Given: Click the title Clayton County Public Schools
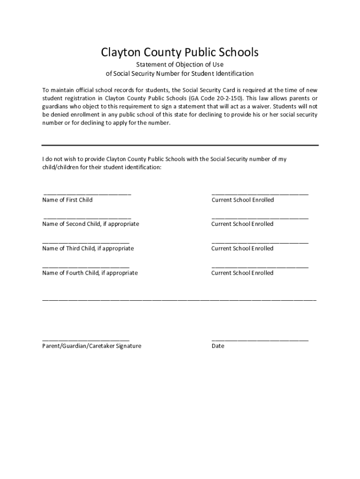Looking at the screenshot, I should click(x=180, y=52).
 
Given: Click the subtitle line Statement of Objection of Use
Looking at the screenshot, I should click(x=180, y=65).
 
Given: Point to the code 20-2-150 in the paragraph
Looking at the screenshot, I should click(x=230, y=98).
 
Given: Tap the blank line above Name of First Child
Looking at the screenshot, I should click(x=87, y=193).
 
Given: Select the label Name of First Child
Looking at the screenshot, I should click(x=67, y=200).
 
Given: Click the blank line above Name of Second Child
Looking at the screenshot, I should click(x=87, y=218).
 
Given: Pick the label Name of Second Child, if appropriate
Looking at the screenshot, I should click(x=91, y=224).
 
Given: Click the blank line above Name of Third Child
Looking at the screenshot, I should click(x=86, y=242).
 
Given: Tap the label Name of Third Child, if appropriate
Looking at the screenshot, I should click(x=88, y=248).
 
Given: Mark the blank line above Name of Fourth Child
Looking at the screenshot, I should click(x=86, y=266).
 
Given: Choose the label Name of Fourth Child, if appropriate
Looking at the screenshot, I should click(x=90, y=273).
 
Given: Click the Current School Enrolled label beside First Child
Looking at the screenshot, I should click(x=243, y=200).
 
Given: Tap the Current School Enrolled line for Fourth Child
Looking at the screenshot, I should click(x=260, y=266).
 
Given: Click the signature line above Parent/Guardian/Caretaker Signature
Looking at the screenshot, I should click(x=86, y=339).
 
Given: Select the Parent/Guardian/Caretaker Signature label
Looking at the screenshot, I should click(x=92, y=346).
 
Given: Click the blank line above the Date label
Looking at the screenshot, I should click(x=260, y=339).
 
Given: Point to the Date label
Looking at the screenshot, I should click(x=218, y=346).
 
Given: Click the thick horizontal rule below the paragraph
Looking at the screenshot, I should click(x=180, y=145).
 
